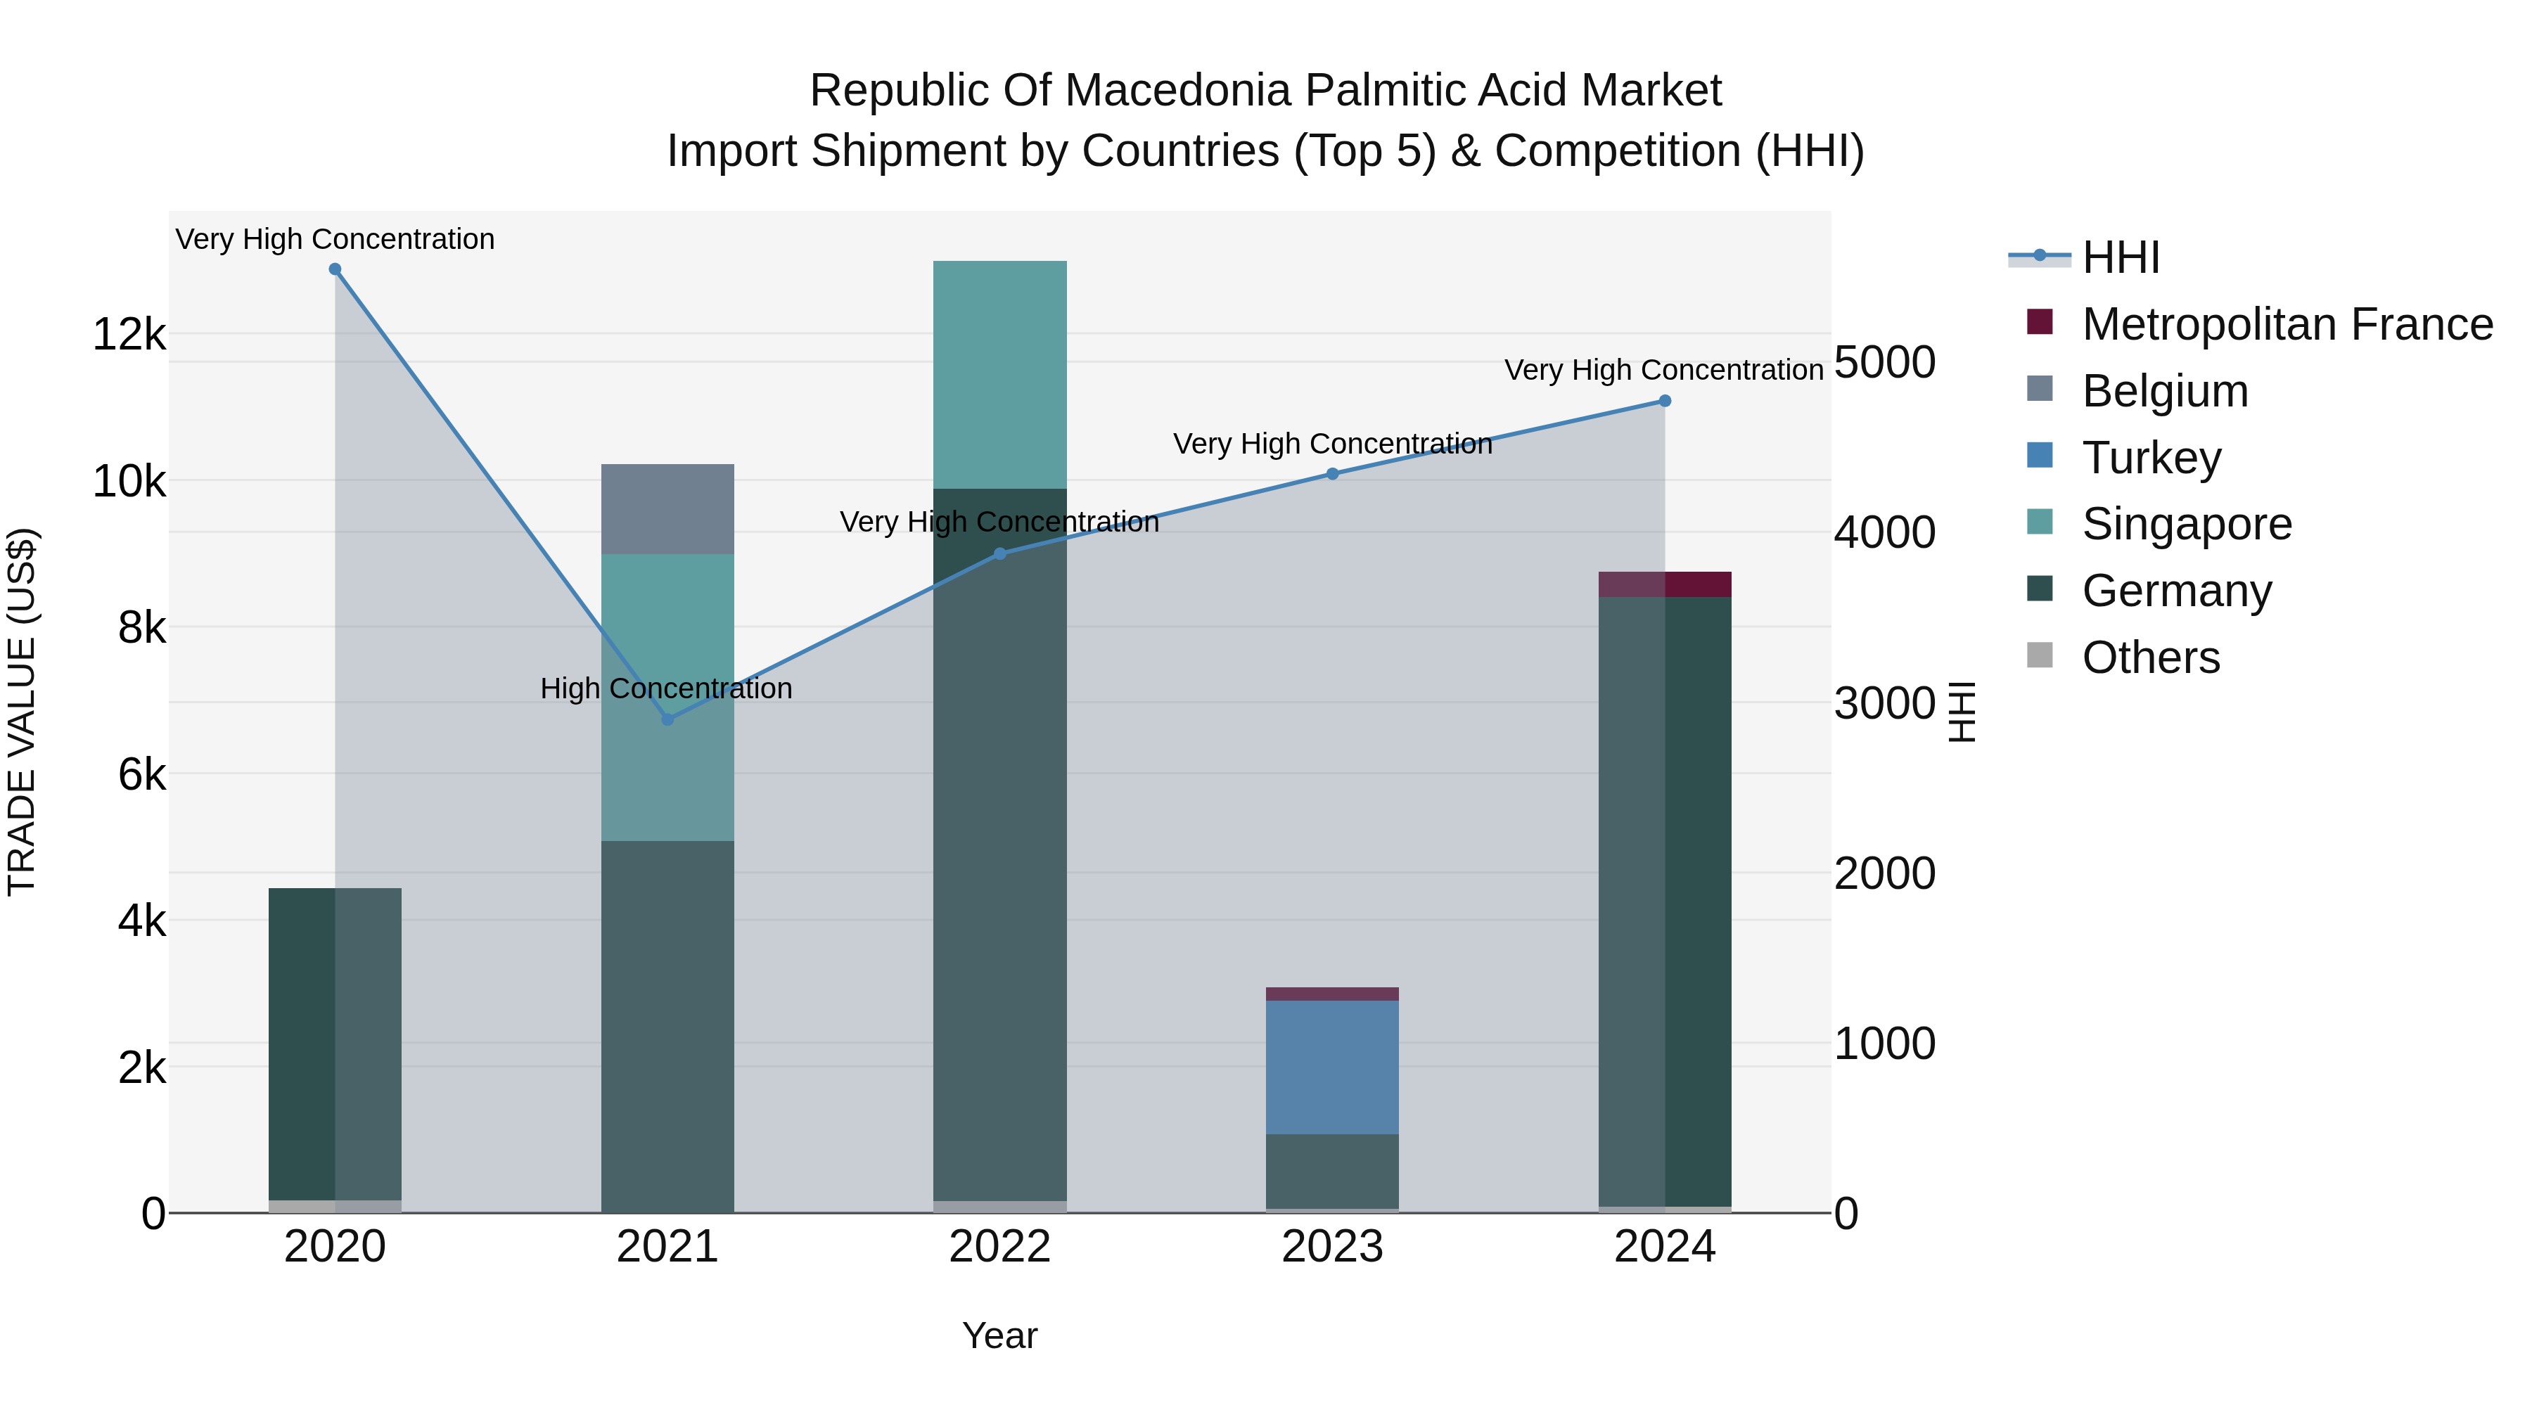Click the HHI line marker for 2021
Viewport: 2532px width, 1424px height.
coord(667,719)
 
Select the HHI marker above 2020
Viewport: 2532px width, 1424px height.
coord(335,269)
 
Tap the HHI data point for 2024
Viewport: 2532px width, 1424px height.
coord(1665,401)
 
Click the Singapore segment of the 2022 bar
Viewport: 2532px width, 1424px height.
coord(999,373)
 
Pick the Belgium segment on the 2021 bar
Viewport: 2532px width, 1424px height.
coord(667,509)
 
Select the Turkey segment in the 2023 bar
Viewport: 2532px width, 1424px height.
coord(1332,1067)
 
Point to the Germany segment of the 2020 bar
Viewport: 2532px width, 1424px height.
coord(335,1041)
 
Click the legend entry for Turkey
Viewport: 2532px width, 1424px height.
coord(2151,458)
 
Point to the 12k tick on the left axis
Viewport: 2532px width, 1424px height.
coord(129,335)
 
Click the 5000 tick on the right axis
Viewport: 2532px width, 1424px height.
coord(1884,363)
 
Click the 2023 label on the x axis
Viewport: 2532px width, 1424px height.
coord(1332,1247)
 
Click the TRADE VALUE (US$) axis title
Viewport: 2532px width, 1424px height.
coord(22,712)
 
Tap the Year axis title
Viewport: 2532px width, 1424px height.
coord(999,1335)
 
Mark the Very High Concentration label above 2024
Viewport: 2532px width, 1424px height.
coord(1663,371)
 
